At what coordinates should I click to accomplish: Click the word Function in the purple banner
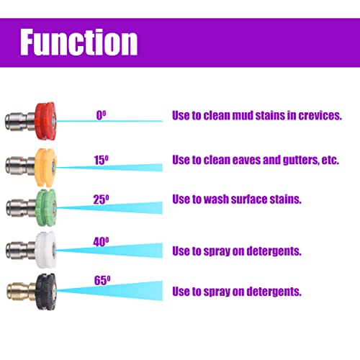(78, 42)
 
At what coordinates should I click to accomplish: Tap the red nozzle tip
(45, 121)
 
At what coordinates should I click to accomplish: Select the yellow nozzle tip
(45, 168)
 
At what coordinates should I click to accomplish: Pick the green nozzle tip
(46, 208)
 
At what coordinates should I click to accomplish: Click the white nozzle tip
(45, 250)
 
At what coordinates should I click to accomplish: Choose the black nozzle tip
(46, 292)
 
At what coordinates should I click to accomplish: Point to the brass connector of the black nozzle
(21, 292)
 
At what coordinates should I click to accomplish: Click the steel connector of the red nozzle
(19, 122)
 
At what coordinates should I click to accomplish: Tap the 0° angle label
(101, 115)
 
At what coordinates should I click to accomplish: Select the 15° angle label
(101, 160)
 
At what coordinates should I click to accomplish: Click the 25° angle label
(101, 199)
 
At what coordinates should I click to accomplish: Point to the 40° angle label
(101, 242)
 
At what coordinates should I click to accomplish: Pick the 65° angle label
(102, 280)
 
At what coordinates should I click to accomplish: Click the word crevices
(320, 115)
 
